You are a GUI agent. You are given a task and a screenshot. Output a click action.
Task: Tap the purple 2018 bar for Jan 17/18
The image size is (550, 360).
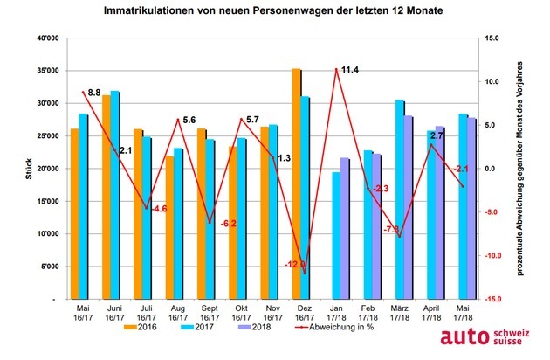point(346,229)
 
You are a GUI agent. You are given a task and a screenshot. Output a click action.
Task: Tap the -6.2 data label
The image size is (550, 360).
point(224,225)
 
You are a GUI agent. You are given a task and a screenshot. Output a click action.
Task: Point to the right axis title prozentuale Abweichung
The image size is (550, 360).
point(521,169)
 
